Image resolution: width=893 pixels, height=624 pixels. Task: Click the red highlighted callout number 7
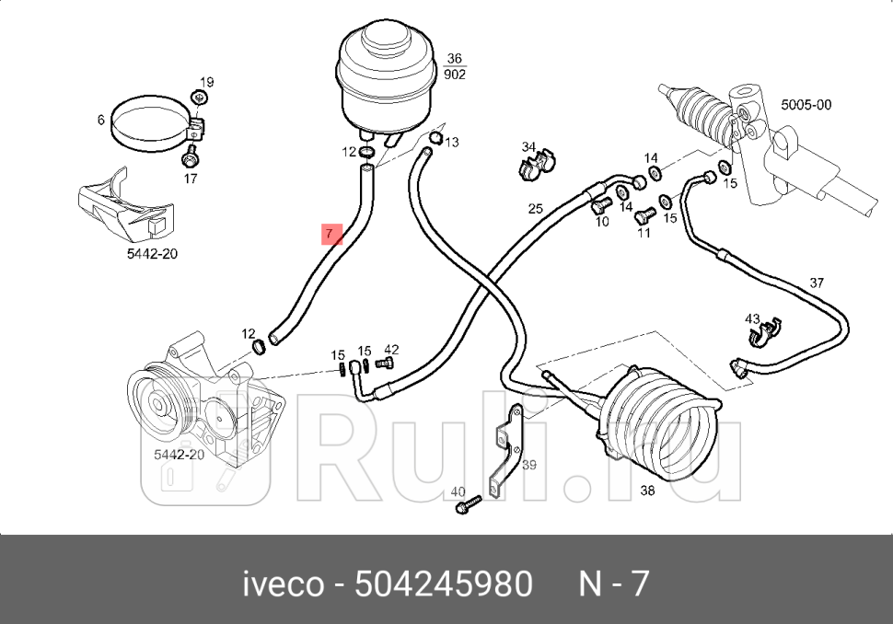click(x=330, y=234)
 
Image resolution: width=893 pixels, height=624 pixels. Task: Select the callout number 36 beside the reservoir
click(x=454, y=59)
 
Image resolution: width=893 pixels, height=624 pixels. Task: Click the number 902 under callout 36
click(x=454, y=75)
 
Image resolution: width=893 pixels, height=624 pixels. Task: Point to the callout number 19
click(x=206, y=82)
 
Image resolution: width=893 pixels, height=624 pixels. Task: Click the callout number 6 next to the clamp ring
click(x=101, y=121)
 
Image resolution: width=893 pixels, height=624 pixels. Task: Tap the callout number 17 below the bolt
click(x=190, y=179)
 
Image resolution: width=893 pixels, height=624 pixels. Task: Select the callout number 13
click(x=452, y=143)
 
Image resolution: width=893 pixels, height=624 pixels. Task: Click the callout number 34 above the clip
click(x=528, y=147)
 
